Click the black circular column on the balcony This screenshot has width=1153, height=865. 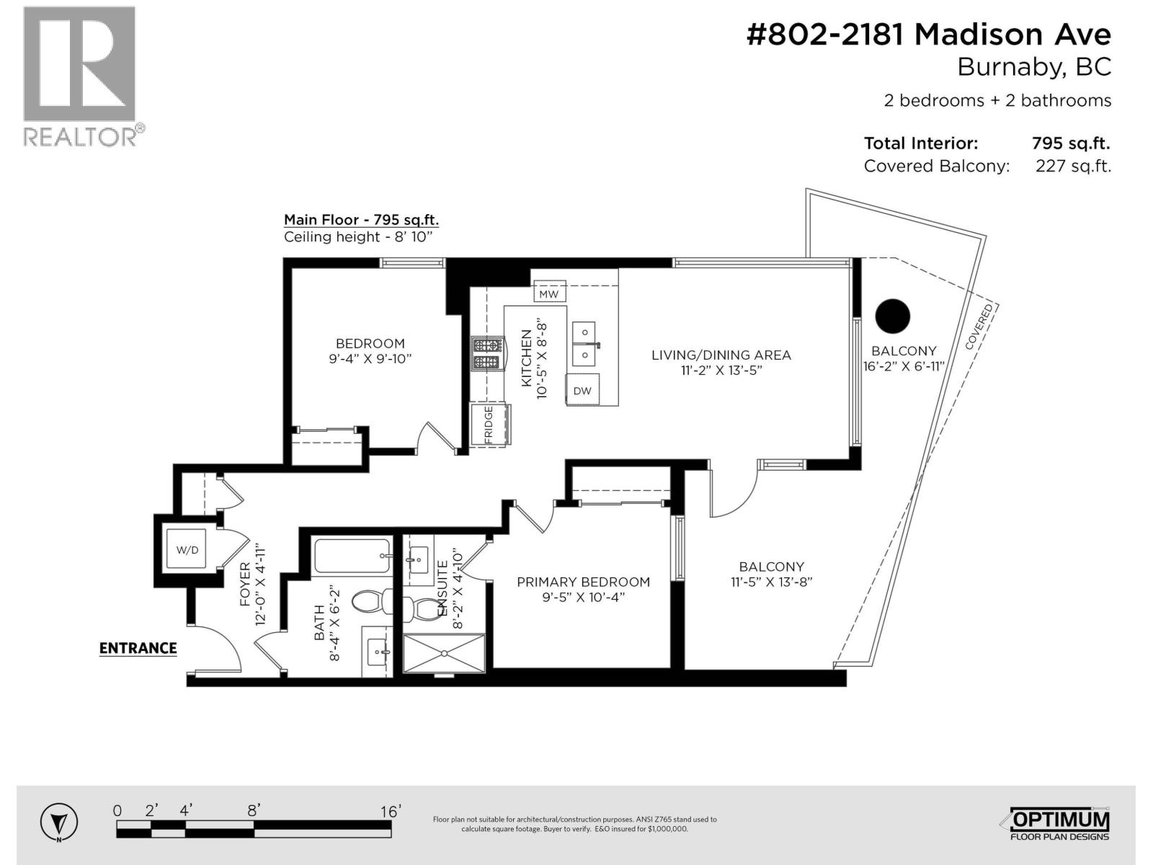[893, 316]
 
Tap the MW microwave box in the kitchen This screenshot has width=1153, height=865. [549, 294]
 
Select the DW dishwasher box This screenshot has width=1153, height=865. [582, 391]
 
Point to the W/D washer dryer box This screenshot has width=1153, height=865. [187, 550]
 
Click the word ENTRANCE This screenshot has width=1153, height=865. [138, 648]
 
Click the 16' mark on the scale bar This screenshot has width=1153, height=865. [390, 812]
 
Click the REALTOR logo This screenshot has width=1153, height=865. [79, 76]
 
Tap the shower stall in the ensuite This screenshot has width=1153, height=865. [444, 654]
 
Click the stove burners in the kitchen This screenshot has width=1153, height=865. [487, 354]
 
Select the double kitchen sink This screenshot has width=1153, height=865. [584, 344]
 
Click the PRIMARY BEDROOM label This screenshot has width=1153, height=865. [583, 582]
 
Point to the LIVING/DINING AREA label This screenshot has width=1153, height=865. [721, 355]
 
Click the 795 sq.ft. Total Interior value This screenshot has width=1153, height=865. [1070, 143]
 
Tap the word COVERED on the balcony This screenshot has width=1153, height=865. [979, 327]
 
